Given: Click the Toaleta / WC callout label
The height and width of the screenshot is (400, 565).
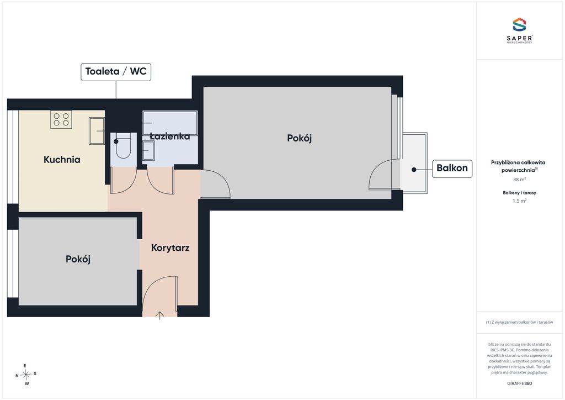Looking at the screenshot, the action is [116, 72].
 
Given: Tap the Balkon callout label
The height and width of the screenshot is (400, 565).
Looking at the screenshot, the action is [452, 169].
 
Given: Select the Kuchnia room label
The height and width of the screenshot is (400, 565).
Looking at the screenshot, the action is [62, 160].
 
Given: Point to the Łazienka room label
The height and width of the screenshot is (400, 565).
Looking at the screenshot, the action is [170, 136].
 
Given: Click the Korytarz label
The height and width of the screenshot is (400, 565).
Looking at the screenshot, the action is [170, 248].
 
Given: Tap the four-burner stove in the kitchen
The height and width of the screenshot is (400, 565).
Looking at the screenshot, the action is [61, 119].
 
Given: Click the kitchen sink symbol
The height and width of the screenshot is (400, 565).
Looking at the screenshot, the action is [97, 130].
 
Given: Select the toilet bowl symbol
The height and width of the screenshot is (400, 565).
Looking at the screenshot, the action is [123, 145].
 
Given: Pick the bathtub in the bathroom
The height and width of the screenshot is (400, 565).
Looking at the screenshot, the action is [170, 123].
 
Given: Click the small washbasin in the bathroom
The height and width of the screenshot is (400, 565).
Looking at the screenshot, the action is [148, 150].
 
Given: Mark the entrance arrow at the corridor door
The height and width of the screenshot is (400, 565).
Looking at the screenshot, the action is [159, 315].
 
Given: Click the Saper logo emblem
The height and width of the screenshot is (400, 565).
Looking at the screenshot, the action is [519, 25].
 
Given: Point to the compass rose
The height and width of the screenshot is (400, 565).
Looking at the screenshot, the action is [26, 375].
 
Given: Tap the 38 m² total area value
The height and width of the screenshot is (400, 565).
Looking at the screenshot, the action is [519, 179].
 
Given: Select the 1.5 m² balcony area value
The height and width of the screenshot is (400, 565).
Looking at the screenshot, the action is [519, 201].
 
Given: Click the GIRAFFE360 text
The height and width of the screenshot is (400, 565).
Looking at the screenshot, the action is [519, 383].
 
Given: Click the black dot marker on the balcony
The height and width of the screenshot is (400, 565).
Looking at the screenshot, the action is [414, 170].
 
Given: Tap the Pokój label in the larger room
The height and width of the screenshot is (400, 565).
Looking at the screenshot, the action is [300, 138].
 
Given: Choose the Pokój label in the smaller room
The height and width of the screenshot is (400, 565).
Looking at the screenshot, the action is [78, 259].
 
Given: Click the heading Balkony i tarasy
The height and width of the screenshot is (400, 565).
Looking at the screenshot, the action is [519, 193].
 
